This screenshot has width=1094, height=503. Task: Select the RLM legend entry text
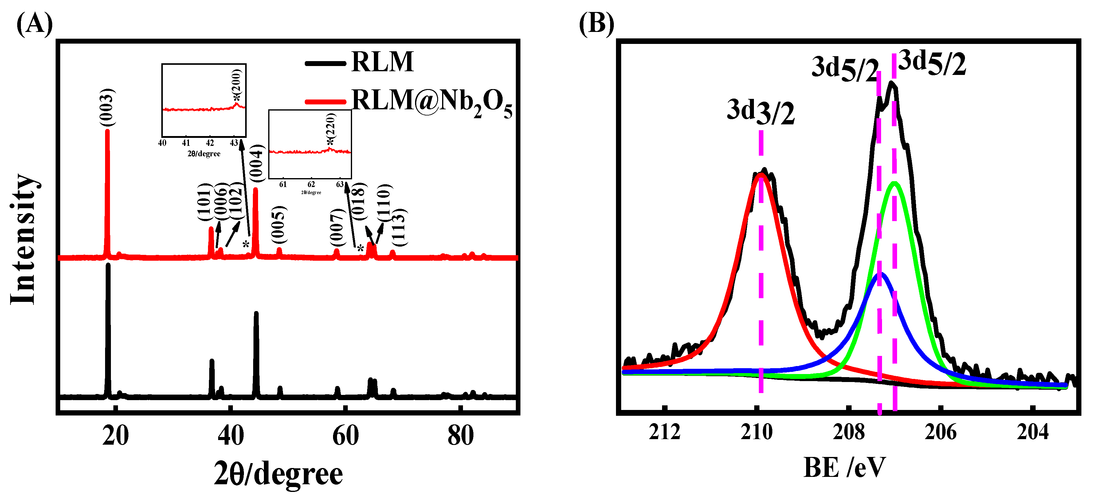pos(382,62)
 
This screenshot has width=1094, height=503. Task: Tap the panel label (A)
pos(34,24)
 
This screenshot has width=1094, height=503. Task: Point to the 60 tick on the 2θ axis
pos(345,435)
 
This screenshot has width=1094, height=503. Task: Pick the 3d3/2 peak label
pos(760,111)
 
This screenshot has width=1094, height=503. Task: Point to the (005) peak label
pos(279,224)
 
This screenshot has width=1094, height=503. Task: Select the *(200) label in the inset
pos(237,85)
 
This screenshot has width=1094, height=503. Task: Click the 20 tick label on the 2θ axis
pos(115,435)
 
